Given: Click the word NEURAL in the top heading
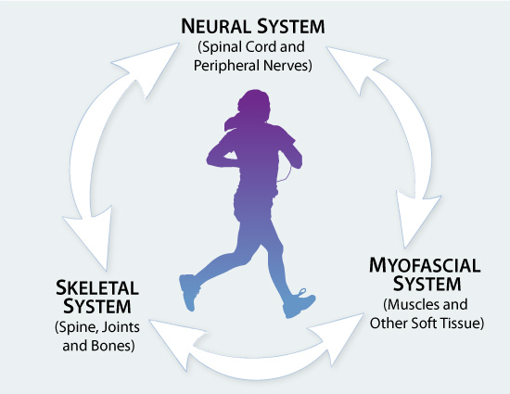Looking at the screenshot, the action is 215,26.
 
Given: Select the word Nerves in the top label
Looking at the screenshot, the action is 287,65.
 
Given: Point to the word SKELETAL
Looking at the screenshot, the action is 97,287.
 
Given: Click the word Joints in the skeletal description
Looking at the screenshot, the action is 121,327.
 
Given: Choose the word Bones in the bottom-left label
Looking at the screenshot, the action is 112,346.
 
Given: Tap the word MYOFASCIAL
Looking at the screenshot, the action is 425,265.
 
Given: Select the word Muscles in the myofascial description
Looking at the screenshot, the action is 408,305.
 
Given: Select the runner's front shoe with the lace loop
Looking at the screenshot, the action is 299,303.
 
